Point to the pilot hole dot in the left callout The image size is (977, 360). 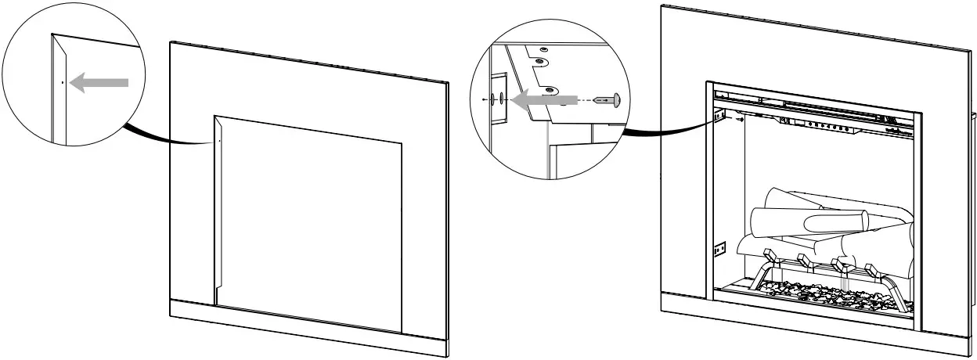tap(62, 82)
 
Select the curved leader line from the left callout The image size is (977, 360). tap(168, 136)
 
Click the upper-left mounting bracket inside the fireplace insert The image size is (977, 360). tap(718, 116)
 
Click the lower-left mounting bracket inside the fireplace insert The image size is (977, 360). tap(719, 249)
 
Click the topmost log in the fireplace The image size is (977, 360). tap(791, 199)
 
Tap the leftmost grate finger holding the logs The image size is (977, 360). tap(768, 255)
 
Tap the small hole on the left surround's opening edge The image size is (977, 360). tap(220, 142)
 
